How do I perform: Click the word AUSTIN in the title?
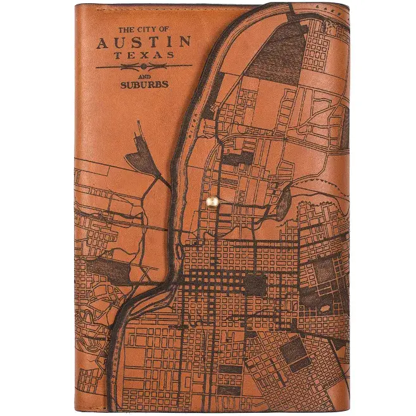[144, 42]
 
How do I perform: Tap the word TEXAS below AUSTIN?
[144, 55]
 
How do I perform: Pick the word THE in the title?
[127, 30]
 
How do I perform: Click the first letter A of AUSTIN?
[103, 43]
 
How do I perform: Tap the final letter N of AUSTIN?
[184, 42]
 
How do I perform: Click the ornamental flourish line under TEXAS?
[120, 66]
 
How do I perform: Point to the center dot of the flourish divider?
[144, 66]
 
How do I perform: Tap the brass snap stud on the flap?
[213, 201]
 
